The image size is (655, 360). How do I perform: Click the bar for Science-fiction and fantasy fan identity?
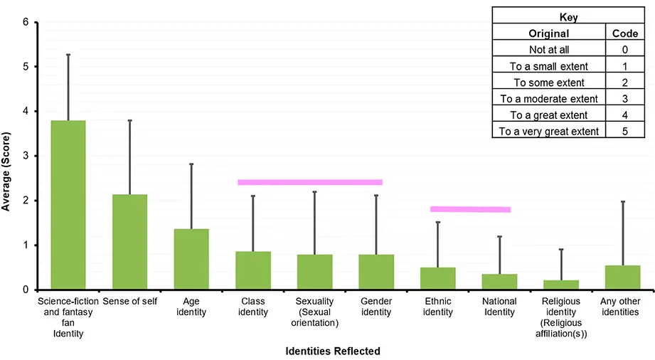68,205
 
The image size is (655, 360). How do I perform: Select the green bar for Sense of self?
129,242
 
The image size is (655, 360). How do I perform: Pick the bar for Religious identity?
561,285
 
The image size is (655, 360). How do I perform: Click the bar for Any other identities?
623,277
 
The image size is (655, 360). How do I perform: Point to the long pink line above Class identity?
309,182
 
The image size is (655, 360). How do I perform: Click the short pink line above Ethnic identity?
470,209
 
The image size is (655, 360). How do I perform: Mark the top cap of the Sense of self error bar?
129,121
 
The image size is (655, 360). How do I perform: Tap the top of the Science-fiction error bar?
68,55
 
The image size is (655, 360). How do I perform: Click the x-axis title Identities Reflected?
332,351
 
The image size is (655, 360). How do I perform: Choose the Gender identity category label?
376,307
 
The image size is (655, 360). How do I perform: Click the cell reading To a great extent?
548,115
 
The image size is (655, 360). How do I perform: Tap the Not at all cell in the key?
548,49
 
